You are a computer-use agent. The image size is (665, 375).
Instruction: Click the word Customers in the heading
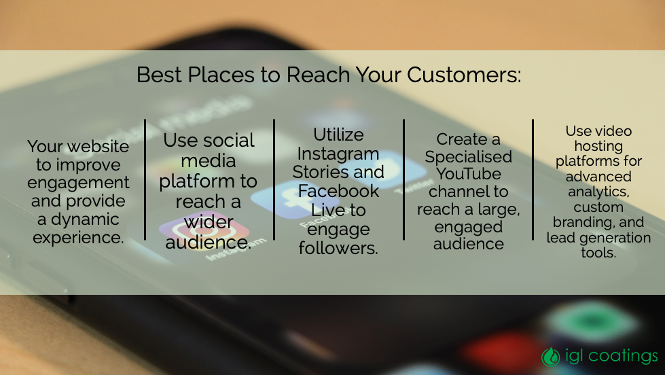[463, 75]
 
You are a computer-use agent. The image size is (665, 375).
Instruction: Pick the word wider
[209, 222]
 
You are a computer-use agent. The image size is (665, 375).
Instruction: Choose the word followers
[338, 248]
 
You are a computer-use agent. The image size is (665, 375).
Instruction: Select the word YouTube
[468, 174]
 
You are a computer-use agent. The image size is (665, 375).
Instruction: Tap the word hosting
[598, 146]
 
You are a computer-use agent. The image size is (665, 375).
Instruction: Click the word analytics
[598, 192]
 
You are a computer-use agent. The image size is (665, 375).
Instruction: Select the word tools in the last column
[598, 253]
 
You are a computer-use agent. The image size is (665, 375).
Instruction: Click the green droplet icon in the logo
[550, 357]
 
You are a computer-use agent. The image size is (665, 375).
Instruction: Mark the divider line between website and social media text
[145, 179]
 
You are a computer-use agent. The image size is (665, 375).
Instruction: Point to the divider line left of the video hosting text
[533, 179]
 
